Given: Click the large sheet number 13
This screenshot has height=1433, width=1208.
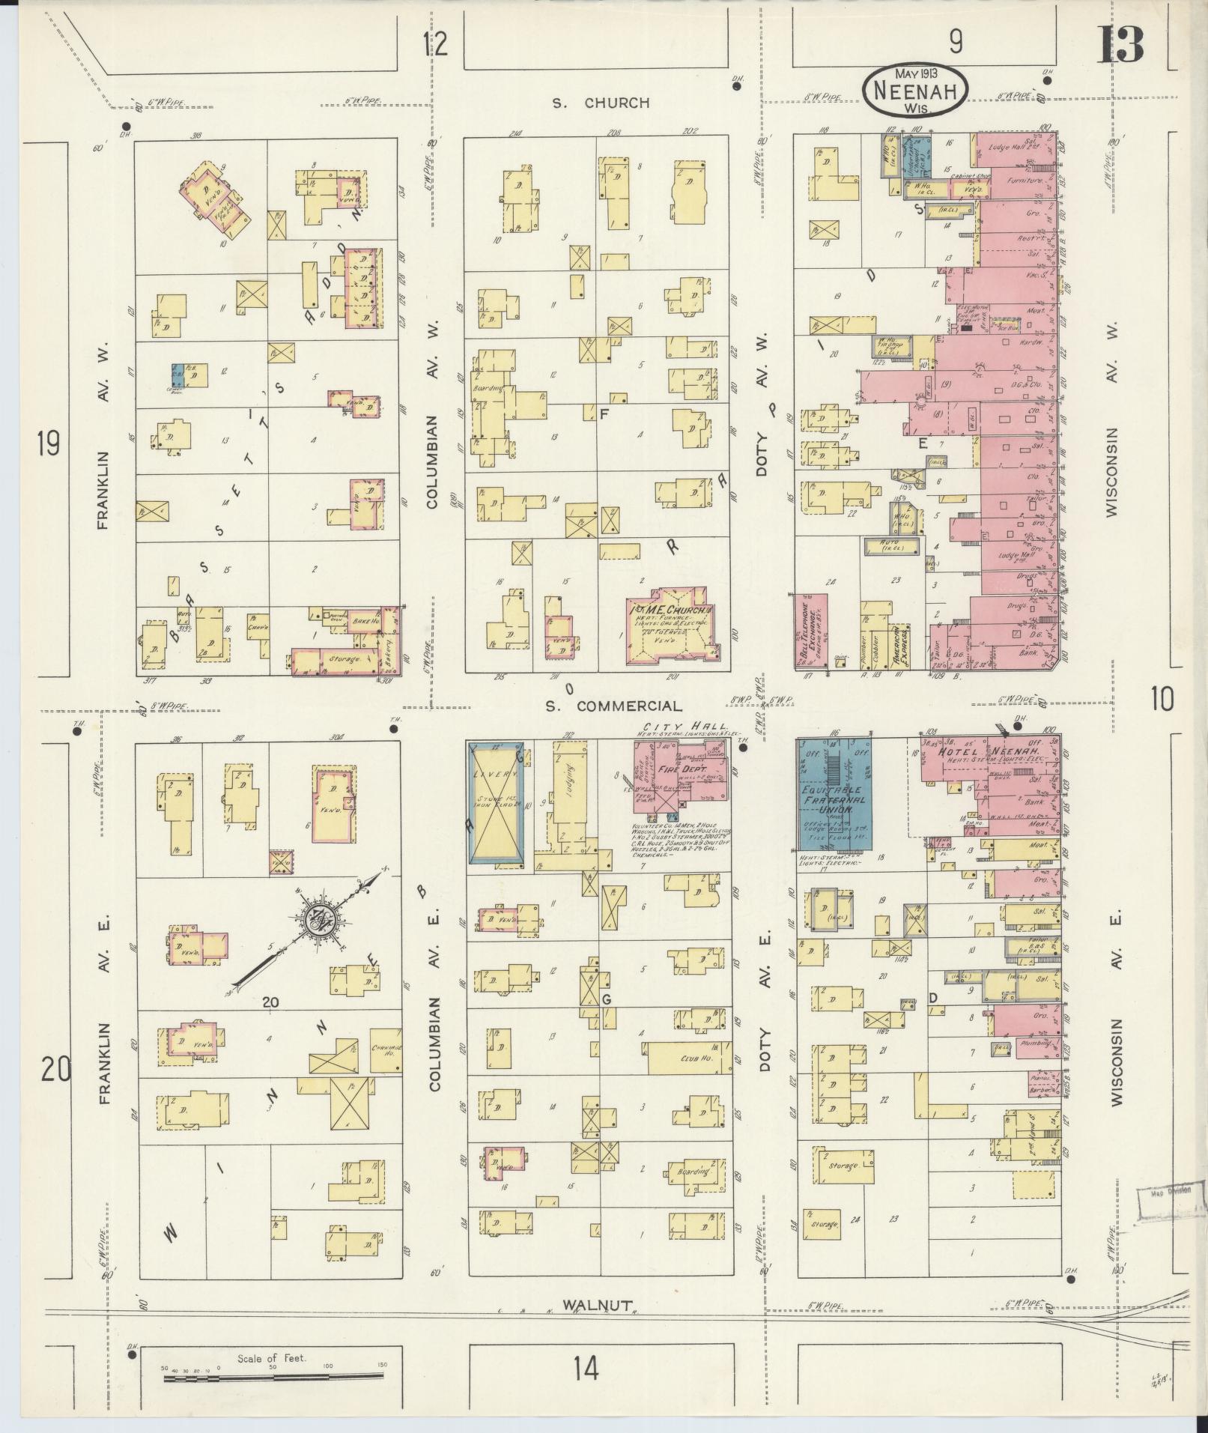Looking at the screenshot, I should pyautogui.click(x=1121, y=44).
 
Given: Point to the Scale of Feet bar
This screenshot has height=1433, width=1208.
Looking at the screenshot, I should pyautogui.click(x=273, y=1376).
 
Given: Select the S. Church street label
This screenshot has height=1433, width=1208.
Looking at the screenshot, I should pyautogui.click(x=601, y=103).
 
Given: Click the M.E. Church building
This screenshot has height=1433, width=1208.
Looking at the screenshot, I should pyautogui.click(x=670, y=625).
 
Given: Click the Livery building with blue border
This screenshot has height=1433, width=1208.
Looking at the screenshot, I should pyautogui.click(x=495, y=802).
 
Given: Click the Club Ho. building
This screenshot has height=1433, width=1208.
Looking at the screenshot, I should pyautogui.click(x=689, y=1058).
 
